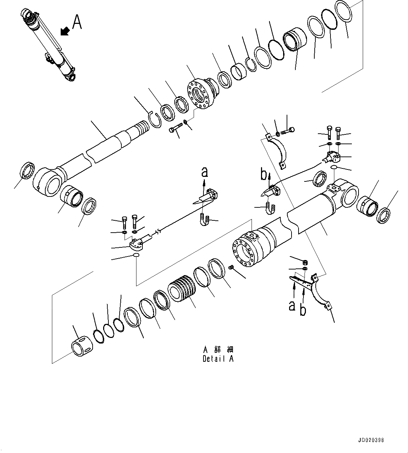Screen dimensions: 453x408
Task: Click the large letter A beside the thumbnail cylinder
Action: (x=77, y=22)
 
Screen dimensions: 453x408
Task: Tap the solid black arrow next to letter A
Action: (x=64, y=31)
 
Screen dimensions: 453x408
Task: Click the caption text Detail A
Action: (x=218, y=359)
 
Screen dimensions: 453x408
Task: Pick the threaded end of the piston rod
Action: (x=143, y=127)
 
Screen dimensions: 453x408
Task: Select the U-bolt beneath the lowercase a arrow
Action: (x=205, y=220)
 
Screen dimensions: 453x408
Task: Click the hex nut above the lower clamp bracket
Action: (x=305, y=261)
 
